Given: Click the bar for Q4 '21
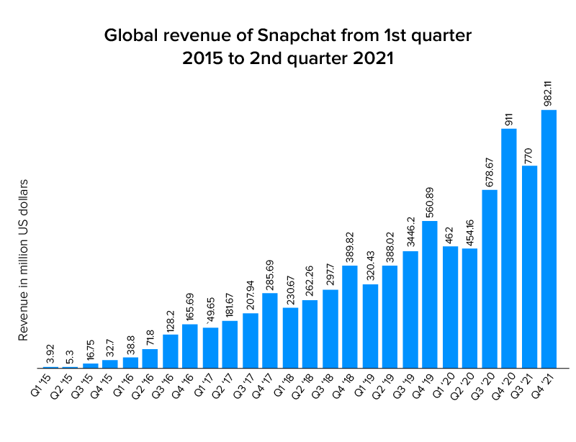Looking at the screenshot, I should pos(549,238).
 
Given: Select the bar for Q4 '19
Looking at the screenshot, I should pos(430,294).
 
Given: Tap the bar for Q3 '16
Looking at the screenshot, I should pos(171,351).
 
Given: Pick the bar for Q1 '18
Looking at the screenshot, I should pos(290,338).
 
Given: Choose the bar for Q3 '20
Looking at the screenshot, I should pos(490,279).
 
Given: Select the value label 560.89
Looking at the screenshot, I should pos(430,201).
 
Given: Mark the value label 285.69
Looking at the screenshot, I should pos(271,274).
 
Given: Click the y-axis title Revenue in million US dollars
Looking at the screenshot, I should pos(23,260).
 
